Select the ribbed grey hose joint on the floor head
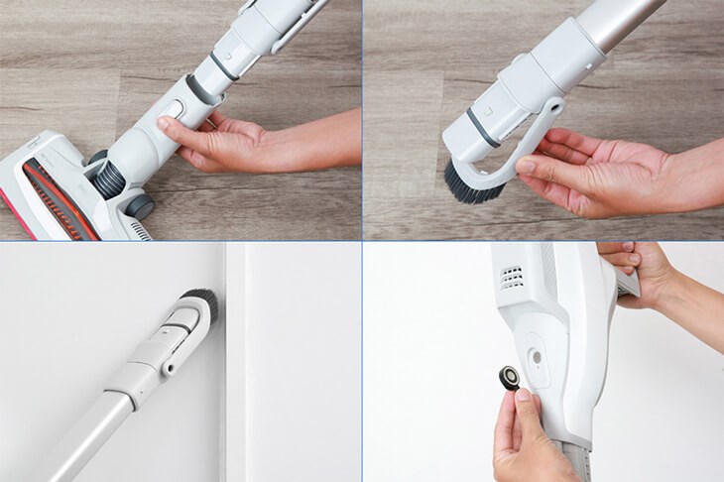[110, 179]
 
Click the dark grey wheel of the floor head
[140, 205]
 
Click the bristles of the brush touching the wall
[195, 298]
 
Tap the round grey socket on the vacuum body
[538, 352]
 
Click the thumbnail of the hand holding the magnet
[524, 397]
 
